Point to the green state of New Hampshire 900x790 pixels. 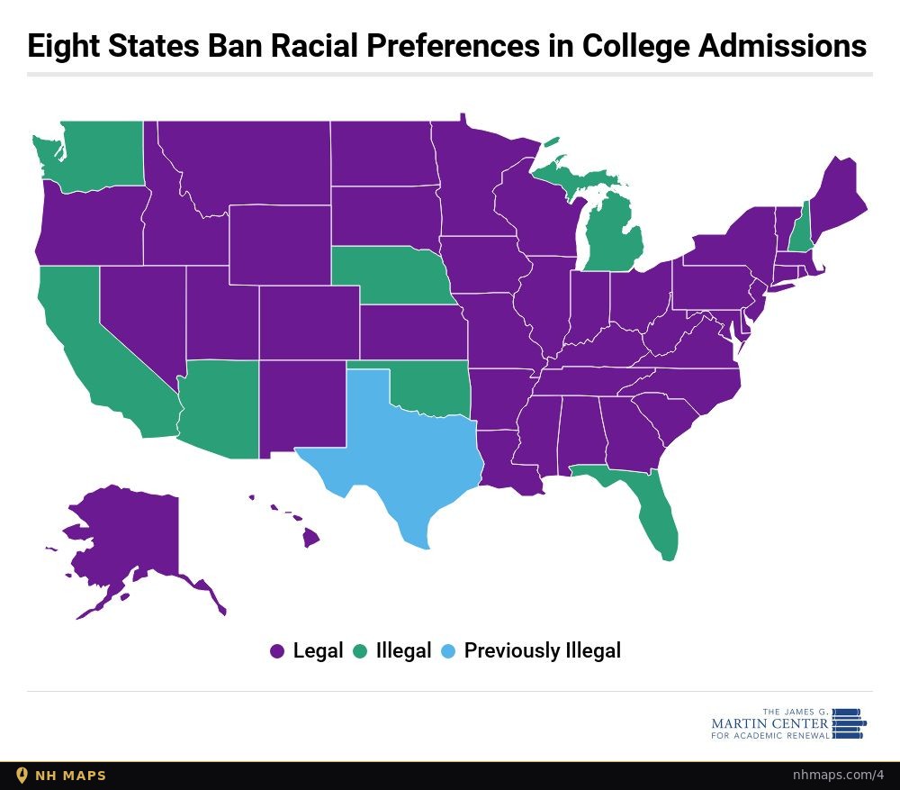(800, 230)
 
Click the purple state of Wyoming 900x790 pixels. (280, 245)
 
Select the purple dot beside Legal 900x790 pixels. (277, 651)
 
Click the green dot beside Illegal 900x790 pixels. (360, 651)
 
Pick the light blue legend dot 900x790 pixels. (447, 651)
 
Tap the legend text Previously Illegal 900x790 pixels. (543, 651)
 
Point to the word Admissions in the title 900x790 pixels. (782, 45)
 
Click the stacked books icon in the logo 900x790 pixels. (849, 723)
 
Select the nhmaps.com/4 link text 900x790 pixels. (838, 775)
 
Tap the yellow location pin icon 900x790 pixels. (22, 776)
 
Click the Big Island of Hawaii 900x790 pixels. (311, 539)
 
